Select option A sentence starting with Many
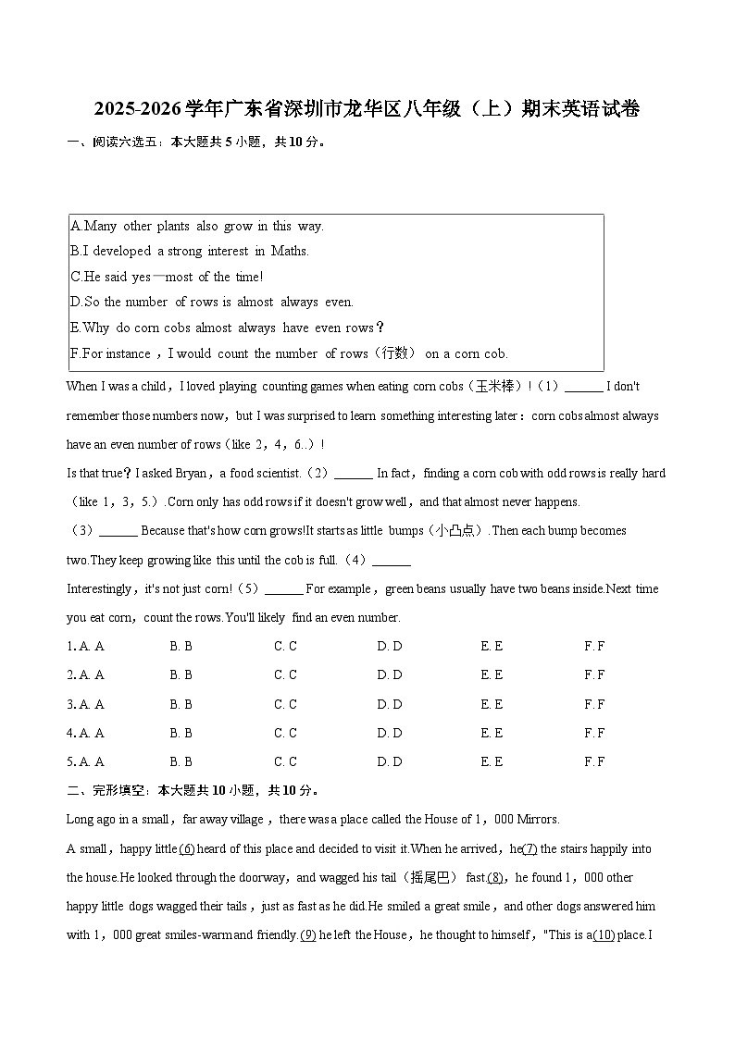click(x=196, y=227)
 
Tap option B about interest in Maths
click(x=190, y=252)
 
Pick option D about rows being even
click(x=212, y=302)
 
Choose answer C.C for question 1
click(x=285, y=647)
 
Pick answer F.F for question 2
click(x=594, y=675)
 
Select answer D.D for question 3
click(x=389, y=704)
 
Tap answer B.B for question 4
click(x=181, y=733)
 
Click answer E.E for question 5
click(x=492, y=762)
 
